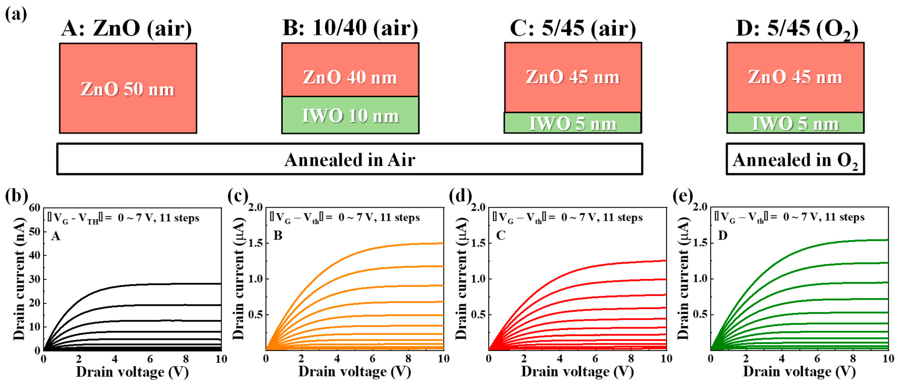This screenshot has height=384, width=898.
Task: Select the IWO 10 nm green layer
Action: (350, 115)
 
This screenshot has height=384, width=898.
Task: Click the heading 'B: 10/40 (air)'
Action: (350, 28)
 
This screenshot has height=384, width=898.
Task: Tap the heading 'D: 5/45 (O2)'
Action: (796, 29)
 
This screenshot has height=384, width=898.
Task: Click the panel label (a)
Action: (16, 15)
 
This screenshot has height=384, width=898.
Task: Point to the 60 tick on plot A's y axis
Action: (35, 208)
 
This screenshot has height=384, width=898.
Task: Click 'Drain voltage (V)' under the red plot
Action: (577, 372)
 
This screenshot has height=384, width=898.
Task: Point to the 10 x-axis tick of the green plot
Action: (888, 358)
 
